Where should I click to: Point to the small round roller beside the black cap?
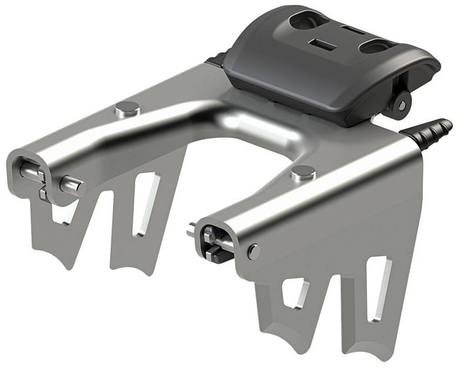tap(400, 104)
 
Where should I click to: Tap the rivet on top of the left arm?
tap(128, 108)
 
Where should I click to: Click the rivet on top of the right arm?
tap(303, 172)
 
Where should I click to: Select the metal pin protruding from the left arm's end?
tap(72, 185)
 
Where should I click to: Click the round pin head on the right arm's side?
tap(253, 251)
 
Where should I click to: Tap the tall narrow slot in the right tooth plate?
tap(377, 288)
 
